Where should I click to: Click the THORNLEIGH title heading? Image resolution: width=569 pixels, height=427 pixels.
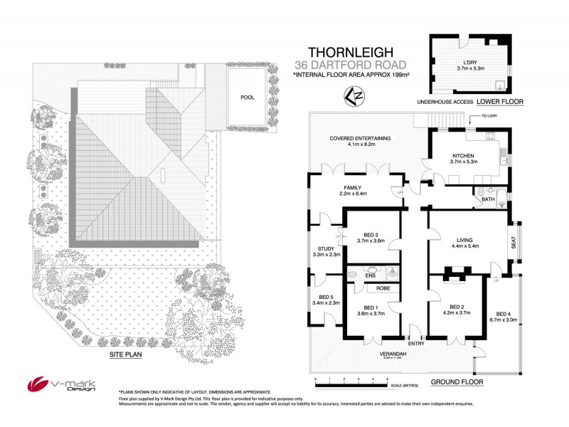coord(351,53)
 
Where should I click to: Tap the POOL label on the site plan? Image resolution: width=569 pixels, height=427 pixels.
coord(247,97)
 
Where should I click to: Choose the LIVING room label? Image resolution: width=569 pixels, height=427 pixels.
coord(464,241)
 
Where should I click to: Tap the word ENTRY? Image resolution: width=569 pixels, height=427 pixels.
coord(415,343)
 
